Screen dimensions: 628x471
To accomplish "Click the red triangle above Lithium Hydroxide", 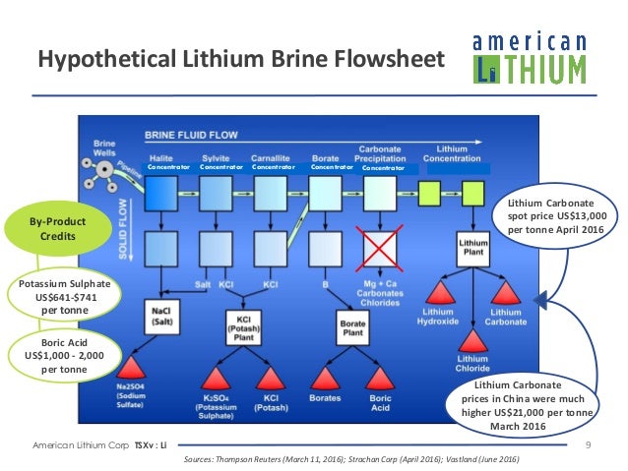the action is [436, 292].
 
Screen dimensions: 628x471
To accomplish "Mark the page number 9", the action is [588, 446].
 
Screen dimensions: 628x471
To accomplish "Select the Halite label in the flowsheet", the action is [161, 156].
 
